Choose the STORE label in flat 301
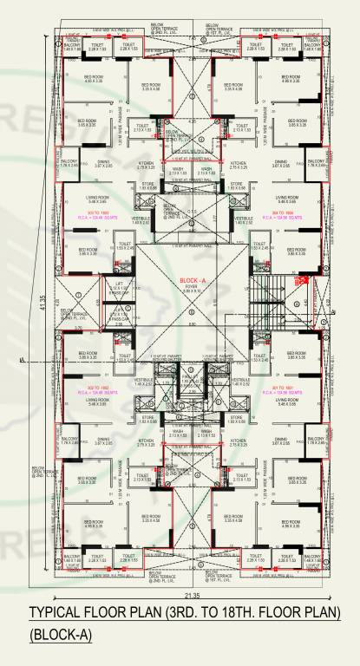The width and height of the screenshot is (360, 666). [x=233, y=420]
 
